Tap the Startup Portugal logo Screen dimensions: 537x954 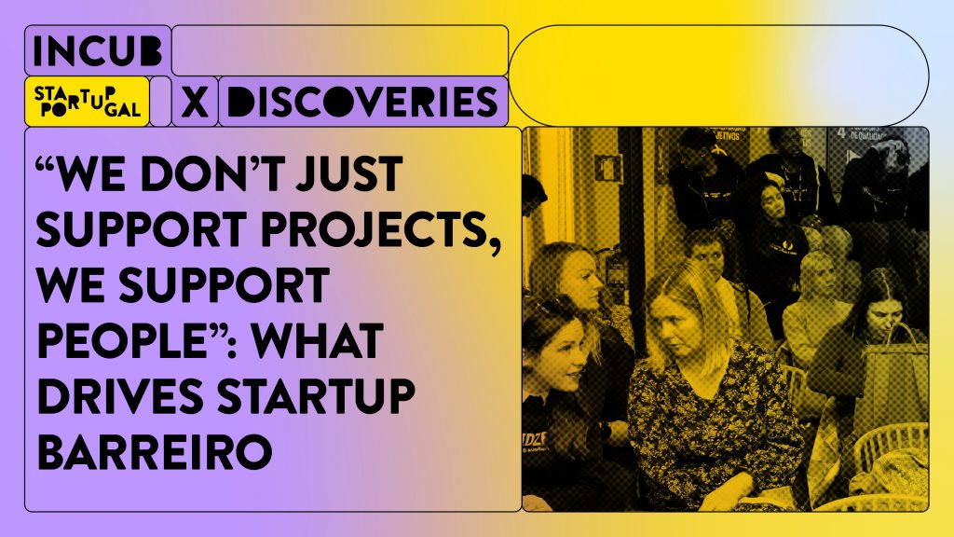tap(88, 102)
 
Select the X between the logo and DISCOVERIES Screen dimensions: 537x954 tap(194, 102)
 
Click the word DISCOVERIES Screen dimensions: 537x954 tap(361, 102)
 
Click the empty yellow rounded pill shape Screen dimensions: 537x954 tap(718, 75)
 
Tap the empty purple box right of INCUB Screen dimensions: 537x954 tap(339, 50)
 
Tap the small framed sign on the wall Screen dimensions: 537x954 tap(607, 168)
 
